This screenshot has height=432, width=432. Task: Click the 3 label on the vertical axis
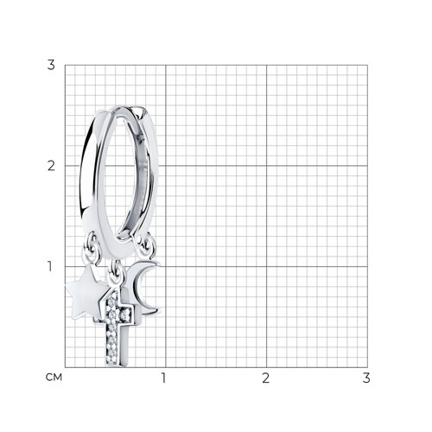(51, 65)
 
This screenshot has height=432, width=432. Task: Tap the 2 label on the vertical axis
(51, 166)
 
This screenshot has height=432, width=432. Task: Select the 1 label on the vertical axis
(50, 266)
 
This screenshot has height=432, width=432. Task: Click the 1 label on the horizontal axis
(164, 378)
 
